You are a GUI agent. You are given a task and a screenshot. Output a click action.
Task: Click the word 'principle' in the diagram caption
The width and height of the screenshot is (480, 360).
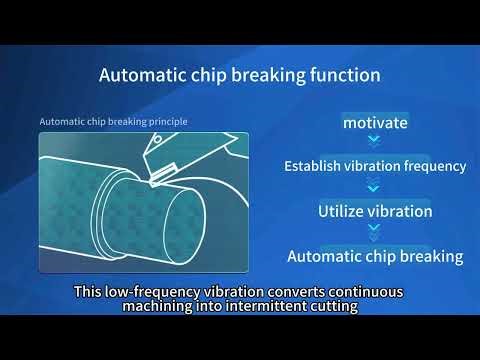click(165, 122)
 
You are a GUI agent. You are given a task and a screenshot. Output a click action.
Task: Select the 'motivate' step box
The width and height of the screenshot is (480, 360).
click(375, 123)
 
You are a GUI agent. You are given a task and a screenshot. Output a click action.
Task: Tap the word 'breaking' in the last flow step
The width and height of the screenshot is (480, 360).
click(431, 256)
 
